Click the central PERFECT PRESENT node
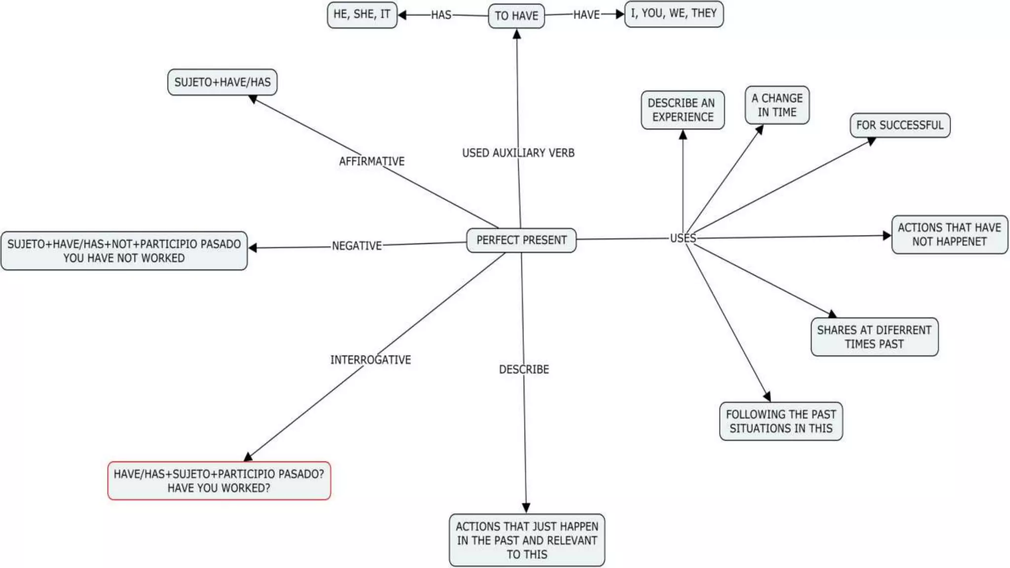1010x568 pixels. [521, 240]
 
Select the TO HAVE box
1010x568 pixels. [516, 16]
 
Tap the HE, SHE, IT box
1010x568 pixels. [362, 14]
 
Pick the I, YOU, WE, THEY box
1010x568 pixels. [674, 13]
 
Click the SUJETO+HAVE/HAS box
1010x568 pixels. [222, 82]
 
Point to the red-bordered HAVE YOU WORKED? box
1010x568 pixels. [219, 481]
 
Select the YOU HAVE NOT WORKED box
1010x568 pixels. [124, 251]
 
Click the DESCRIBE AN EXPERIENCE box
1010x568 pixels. [683, 110]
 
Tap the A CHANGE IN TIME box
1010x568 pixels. [777, 105]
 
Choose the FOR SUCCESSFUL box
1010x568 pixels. [900, 125]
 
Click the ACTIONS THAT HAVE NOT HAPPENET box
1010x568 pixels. [949, 235]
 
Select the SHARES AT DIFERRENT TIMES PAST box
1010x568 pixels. [874, 337]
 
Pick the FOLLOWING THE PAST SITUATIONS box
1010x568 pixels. [781, 421]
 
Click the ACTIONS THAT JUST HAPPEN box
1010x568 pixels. [527, 540]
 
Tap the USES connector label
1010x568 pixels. [683, 238]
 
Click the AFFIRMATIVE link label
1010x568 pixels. [372, 161]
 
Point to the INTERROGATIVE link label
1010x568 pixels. [370, 360]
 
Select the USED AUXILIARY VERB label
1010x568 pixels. [518, 153]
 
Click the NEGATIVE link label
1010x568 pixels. [357, 246]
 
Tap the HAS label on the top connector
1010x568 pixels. [441, 15]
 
